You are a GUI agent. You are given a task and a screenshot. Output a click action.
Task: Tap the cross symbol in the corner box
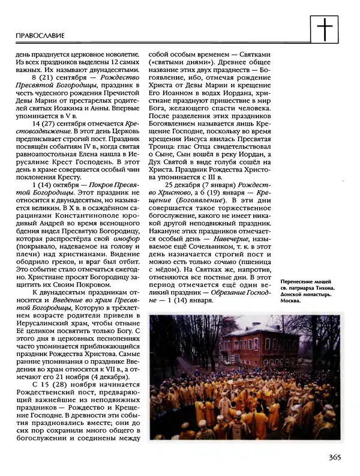[x=327, y=27]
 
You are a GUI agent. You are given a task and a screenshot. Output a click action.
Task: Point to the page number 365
[x=334, y=458]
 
